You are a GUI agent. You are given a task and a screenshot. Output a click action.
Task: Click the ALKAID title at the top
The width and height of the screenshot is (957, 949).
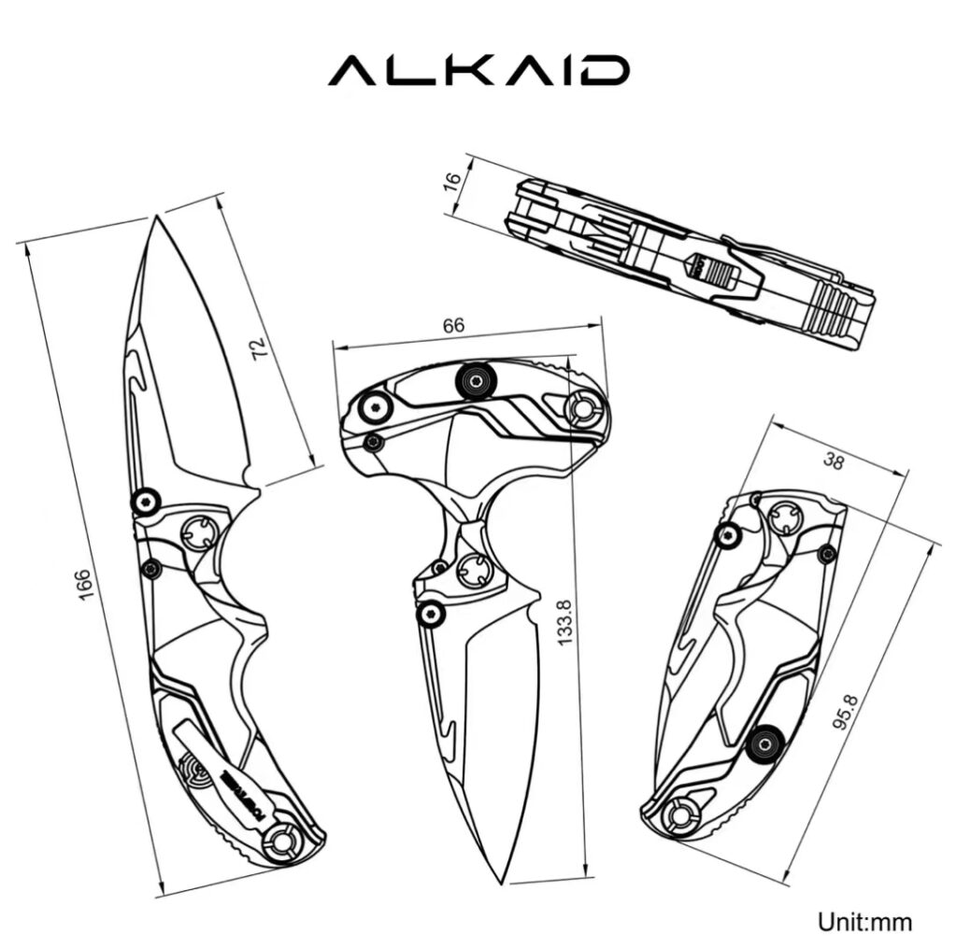point(478,71)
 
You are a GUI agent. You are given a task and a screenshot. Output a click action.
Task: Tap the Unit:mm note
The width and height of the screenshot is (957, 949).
point(864,921)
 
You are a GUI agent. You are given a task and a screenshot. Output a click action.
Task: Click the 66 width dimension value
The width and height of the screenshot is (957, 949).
point(452,326)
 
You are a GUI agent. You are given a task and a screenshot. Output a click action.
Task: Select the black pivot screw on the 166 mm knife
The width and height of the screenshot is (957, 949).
point(145,503)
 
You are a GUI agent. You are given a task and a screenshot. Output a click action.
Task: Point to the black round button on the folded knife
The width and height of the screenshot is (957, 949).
point(765,743)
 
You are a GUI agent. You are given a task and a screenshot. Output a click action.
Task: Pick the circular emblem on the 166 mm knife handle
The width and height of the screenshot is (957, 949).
point(192,769)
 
